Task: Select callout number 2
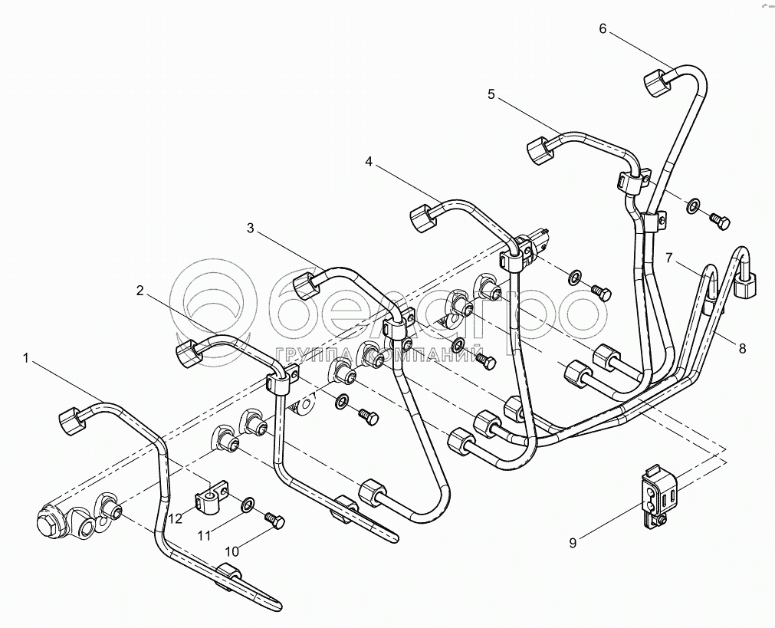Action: pos(140,291)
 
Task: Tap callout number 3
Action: pos(250,228)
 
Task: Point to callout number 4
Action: pos(369,162)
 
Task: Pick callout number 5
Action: pos(491,94)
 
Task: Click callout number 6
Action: pos(603,29)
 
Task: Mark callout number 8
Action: pos(742,347)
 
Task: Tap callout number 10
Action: pos(232,551)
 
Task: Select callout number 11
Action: pos(204,534)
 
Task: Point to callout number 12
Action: pos(176,518)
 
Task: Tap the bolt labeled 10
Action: pos(274,521)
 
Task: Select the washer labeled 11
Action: pos(248,505)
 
